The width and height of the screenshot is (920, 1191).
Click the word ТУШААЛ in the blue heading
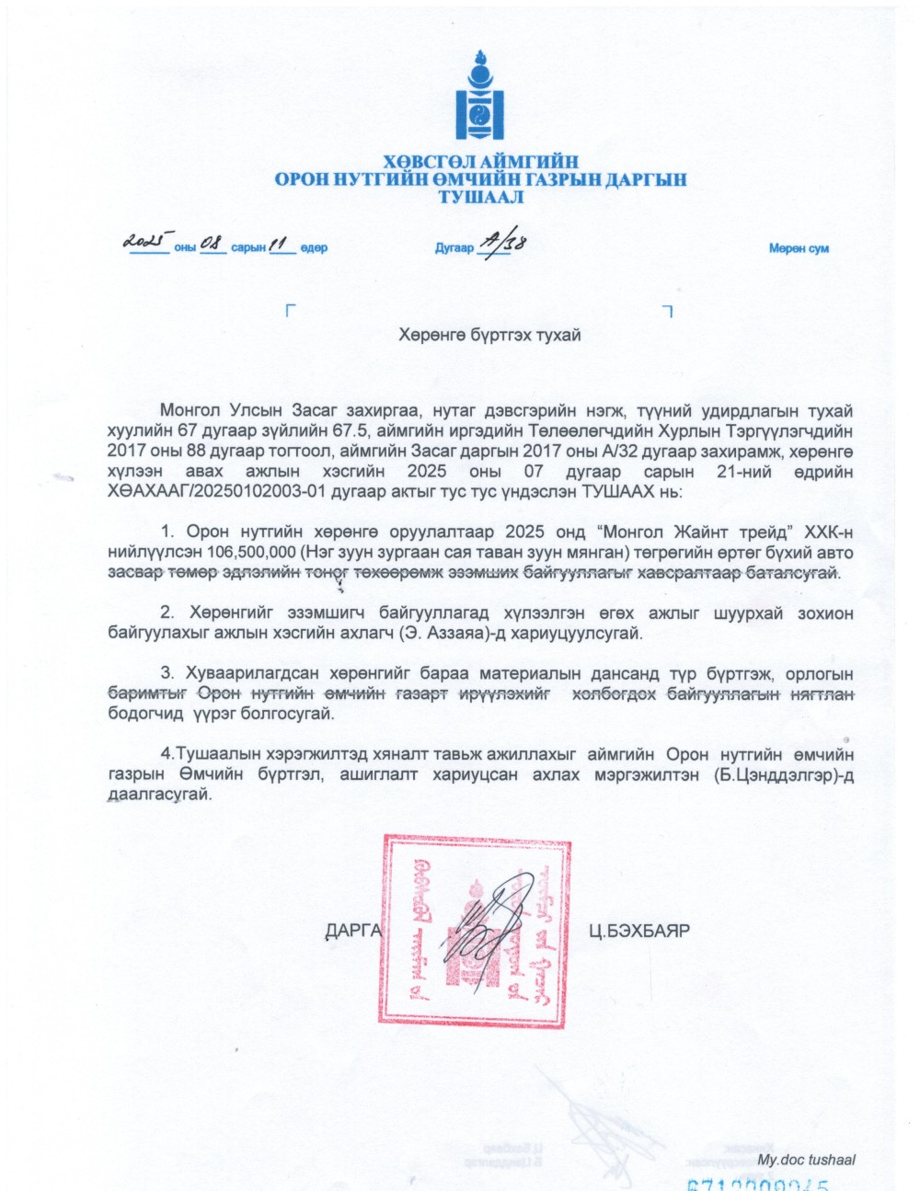coord(481,197)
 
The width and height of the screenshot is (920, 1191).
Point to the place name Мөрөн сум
coord(799,248)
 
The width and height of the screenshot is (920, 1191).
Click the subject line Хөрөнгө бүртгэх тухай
coord(489,335)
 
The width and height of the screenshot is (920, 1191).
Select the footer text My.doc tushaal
coord(806,1160)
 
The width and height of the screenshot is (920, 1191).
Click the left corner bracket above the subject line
coord(291,311)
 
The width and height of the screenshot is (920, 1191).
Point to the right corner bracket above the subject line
coord(668,311)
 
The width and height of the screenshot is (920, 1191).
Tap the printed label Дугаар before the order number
coord(454,248)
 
